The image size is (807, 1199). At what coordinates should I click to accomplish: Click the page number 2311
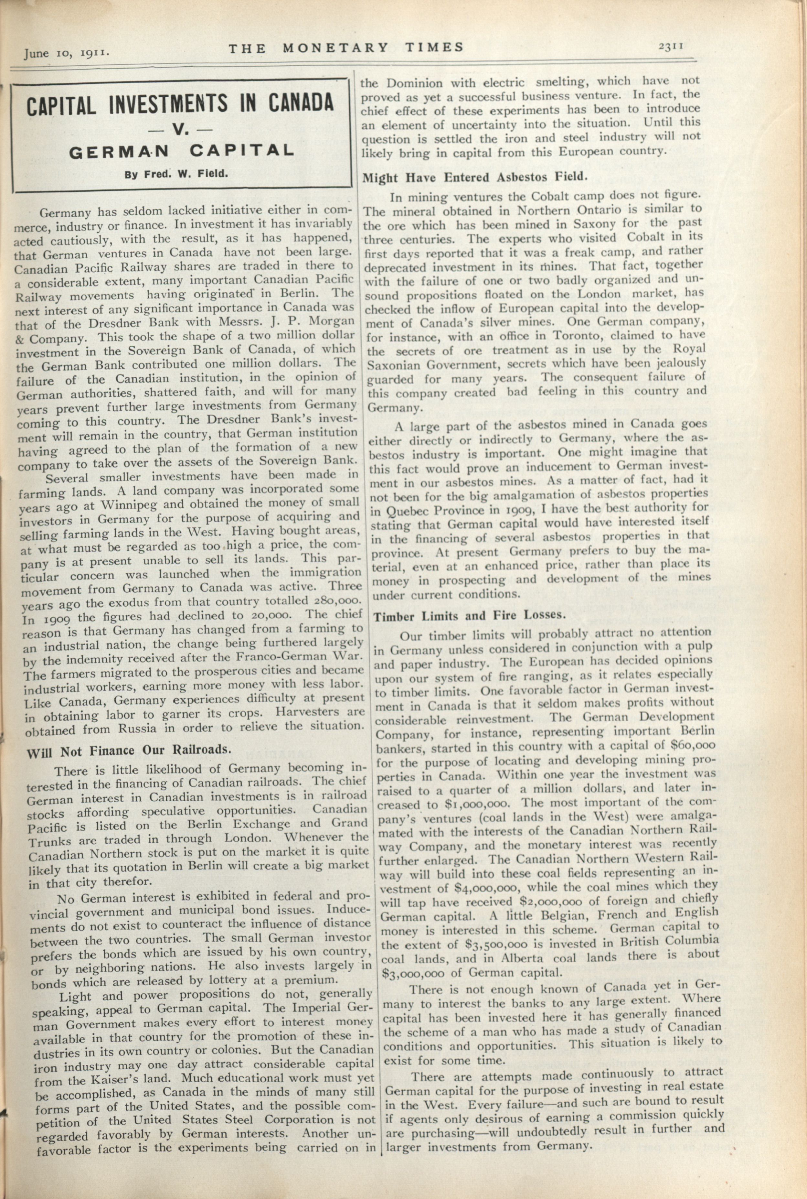pyautogui.click(x=670, y=46)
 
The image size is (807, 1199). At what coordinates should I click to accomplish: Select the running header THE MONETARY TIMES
pyautogui.click(x=346, y=48)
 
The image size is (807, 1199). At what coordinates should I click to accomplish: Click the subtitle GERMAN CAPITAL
pyautogui.click(x=181, y=151)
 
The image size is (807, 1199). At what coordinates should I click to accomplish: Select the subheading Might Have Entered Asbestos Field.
pyautogui.click(x=474, y=178)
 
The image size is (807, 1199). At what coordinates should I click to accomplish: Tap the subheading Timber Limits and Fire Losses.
pyautogui.click(x=469, y=616)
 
